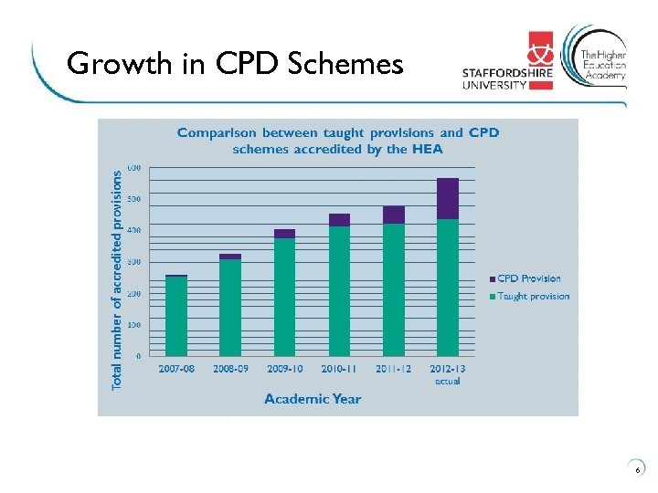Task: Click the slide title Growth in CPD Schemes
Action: (x=235, y=64)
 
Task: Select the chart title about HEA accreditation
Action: (x=338, y=141)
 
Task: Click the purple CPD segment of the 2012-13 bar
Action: (x=448, y=198)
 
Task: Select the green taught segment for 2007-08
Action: (x=175, y=316)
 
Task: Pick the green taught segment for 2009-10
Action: (x=284, y=297)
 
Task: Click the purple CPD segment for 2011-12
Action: (x=393, y=215)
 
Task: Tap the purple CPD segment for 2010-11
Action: (x=339, y=219)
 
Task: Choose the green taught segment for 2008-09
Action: (x=230, y=308)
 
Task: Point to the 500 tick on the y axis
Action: (x=133, y=199)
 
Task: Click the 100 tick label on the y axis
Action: (x=133, y=325)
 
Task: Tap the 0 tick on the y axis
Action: (x=138, y=356)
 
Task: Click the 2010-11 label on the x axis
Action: (x=339, y=370)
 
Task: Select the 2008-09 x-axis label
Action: (x=230, y=370)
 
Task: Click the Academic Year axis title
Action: (x=313, y=398)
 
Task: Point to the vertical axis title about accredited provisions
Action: (x=117, y=278)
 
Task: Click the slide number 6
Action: (x=637, y=470)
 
